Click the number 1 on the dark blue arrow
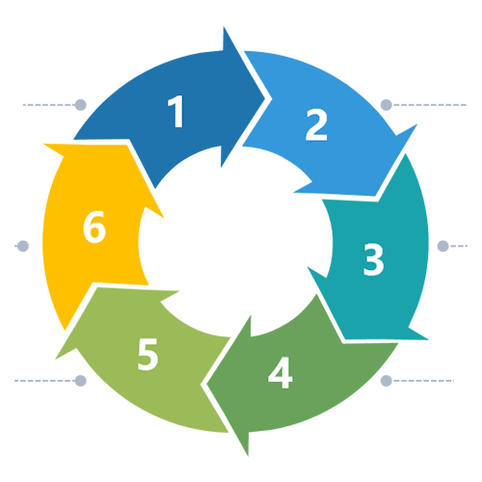point(175,111)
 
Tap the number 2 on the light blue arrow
point(316,124)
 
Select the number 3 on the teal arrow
point(373,259)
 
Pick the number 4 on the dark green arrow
point(281,373)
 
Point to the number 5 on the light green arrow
point(147,354)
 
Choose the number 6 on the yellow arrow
point(94,227)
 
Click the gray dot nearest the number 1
point(80,105)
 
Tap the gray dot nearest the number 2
point(387,105)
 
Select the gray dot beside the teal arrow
point(442,246)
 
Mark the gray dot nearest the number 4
point(387,381)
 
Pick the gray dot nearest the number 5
point(80,381)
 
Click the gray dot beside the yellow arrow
point(23,246)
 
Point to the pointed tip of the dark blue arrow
point(265,98)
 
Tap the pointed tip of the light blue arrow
point(375,195)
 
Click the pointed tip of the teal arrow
point(344,339)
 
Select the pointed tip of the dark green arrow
point(207,384)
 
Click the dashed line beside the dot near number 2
point(430,105)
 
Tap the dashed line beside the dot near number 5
point(44,381)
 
